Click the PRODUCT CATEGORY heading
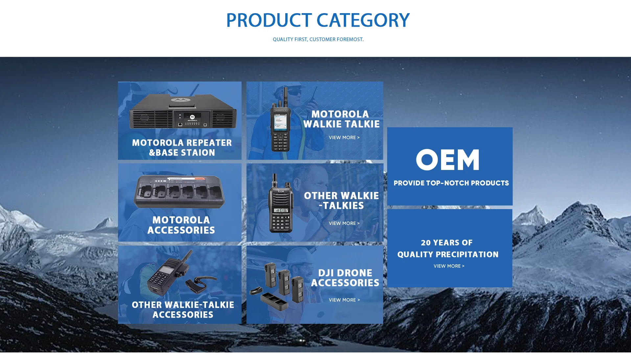318,20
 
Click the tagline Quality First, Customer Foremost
318,39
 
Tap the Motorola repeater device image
183,111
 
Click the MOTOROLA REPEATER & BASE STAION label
182,148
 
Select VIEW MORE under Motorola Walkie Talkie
344,137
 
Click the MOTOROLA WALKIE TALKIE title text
341,119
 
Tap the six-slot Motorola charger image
179,191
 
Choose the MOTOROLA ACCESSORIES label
181,225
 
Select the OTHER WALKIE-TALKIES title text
341,201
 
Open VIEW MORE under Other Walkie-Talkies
344,223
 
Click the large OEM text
448,159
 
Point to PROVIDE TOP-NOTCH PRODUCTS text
451,183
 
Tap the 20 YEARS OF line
447,243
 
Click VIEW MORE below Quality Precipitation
449,266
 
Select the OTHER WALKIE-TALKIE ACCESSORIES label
183,310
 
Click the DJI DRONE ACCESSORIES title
345,278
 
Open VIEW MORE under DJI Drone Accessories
344,300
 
